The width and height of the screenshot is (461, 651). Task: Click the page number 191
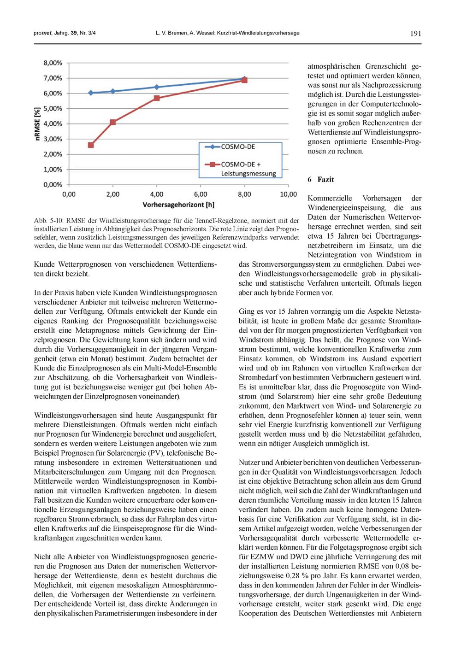pos(415,33)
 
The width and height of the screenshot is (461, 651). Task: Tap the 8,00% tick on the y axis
pos(53,63)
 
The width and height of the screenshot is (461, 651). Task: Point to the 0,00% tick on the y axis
pos(53,185)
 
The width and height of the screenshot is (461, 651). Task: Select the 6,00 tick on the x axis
pos(201,194)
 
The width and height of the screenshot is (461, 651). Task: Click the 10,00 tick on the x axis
pos(288,194)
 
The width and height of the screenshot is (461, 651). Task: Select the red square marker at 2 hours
pos(113,122)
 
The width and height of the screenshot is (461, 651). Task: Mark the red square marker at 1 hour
pos(91,145)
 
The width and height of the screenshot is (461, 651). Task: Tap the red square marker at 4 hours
pos(157,98)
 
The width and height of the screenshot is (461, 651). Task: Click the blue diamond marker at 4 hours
pos(157,87)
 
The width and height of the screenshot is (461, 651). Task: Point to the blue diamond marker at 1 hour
pos(91,93)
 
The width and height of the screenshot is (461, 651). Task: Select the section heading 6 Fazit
pos(321,180)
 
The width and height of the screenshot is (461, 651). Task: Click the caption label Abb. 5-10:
pos(48,221)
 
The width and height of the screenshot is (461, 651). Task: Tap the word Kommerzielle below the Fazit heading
pos(329,198)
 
